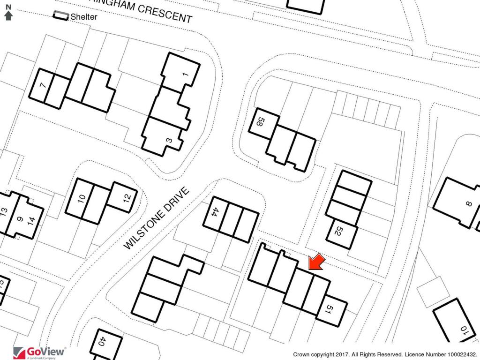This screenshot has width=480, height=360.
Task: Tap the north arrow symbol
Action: click(8, 13)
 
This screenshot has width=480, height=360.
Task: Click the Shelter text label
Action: click(84, 17)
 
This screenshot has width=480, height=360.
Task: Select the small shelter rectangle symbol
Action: click(60, 15)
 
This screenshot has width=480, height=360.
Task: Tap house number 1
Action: click(184, 74)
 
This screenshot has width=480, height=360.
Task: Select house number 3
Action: click(170, 140)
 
